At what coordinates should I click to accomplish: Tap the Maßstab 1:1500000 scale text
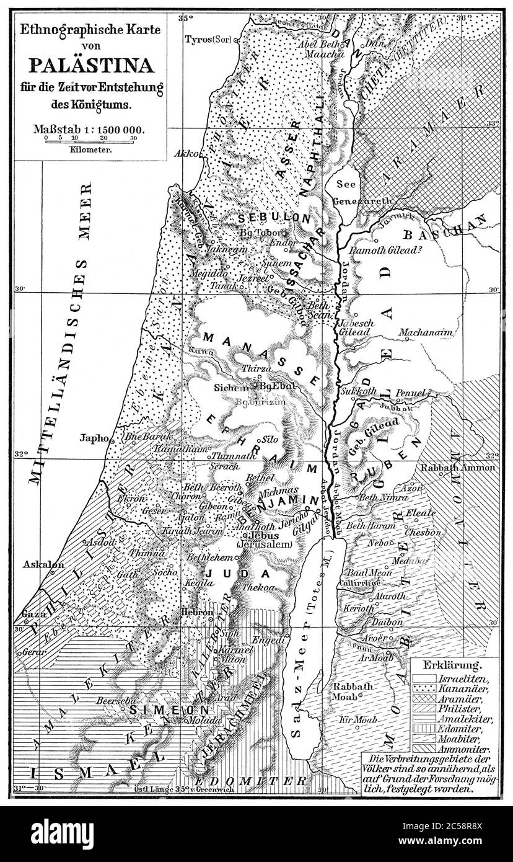[90, 130]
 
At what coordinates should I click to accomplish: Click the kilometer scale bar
[90, 141]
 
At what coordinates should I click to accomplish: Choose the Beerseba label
[112, 700]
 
